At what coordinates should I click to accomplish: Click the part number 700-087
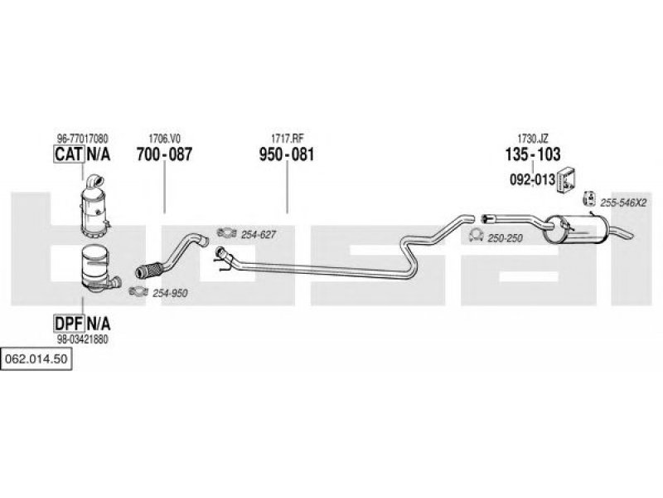coord(164,154)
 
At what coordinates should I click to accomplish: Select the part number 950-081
coord(287,154)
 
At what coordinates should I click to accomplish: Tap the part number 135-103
coord(533,154)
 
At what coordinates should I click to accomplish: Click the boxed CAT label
coord(67,154)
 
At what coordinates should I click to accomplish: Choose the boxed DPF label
coord(67,323)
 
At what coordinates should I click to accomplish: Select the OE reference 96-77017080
coord(82,139)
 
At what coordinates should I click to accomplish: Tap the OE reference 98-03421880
coord(82,339)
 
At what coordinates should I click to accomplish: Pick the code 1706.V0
coord(164,139)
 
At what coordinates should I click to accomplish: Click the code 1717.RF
coord(287,139)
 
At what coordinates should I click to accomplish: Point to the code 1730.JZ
coord(533,139)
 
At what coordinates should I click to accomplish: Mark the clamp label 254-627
coord(258,235)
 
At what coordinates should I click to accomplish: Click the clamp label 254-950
coord(171,292)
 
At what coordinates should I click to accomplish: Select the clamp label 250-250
coord(506,238)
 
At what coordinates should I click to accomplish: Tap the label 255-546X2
coord(623,202)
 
